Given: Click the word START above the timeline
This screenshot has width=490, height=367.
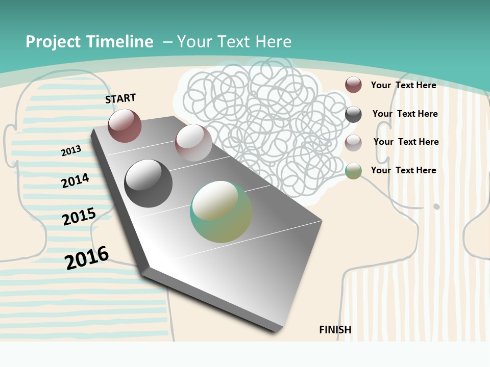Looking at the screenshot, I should click(x=120, y=98).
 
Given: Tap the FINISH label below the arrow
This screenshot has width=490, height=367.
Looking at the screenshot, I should click(x=335, y=330).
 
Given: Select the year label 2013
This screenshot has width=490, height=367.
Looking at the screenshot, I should click(x=71, y=150).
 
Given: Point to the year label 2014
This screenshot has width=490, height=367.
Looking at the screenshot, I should click(x=75, y=180).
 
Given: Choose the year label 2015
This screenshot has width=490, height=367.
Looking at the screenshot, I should click(x=79, y=216).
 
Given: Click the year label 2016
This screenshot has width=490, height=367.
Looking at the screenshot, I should click(x=87, y=257).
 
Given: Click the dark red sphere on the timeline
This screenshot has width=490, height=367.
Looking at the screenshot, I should click(x=125, y=125).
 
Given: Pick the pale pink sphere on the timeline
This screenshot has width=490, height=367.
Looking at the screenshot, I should click(x=193, y=143).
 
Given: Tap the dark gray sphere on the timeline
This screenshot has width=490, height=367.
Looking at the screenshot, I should click(x=149, y=183).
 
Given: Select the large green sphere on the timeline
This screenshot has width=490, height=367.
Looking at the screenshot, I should click(x=221, y=212).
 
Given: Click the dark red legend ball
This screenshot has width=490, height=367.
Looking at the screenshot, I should click(x=353, y=85).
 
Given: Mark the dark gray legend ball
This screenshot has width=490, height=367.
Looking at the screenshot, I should click(x=353, y=114).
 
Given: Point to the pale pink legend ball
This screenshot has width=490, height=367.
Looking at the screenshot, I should click(x=353, y=143).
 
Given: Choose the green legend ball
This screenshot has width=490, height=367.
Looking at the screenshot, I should click(x=353, y=171).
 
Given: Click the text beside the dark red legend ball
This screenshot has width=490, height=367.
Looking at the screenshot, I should click(x=403, y=85).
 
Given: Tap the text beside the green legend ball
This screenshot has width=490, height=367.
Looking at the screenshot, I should click(x=403, y=170).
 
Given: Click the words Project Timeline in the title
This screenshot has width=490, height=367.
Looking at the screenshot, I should click(x=89, y=42).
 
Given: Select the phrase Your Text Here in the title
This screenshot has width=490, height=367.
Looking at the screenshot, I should click(x=234, y=42).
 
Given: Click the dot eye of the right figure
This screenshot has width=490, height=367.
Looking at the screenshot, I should click(x=436, y=206).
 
